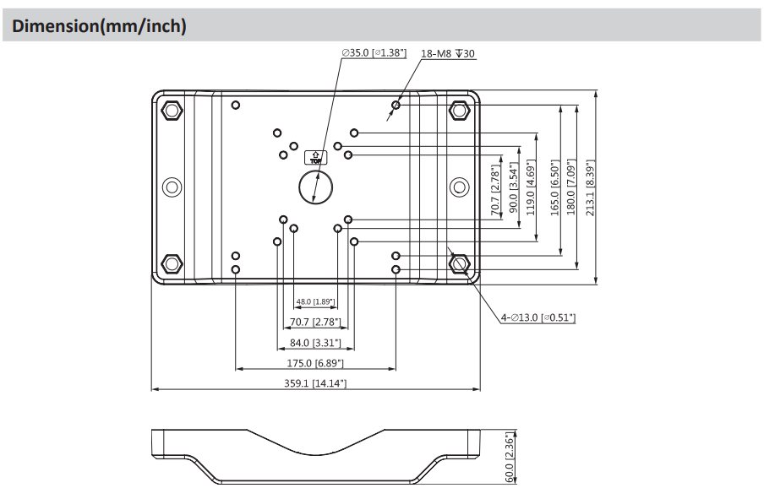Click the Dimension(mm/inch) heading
(99, 26)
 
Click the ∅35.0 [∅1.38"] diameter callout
(374, 53)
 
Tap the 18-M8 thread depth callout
(447, 53)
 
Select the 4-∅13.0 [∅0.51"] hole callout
(538, 317)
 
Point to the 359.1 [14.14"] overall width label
(315, 383)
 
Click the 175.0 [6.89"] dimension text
(315, 363)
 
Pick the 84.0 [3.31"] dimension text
(315, 343)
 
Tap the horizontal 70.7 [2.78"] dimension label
(315, 322)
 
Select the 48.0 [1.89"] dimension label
(315, 301)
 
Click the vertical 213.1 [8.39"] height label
(590, 187)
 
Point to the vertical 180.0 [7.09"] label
(571, 187)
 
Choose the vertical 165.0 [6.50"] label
(555, 187)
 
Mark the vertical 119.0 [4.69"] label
(531, 187)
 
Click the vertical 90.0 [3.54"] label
(513, 187)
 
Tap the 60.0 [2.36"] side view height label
(509, 458)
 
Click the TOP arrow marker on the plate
(316, 157)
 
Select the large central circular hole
(316, 187)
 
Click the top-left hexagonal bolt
(172, 110)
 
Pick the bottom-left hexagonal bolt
(172, 263)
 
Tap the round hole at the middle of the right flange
(459, 187)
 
